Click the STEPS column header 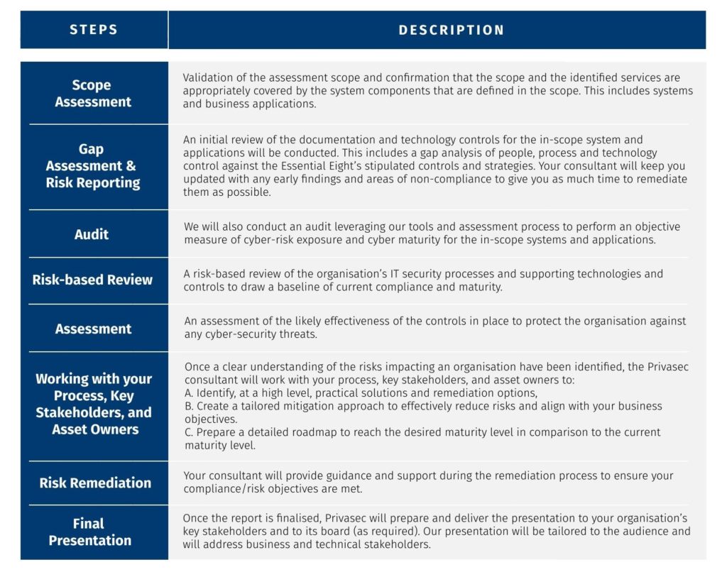pyautogui.click(x=94, y=30)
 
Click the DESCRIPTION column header pyautogui.click(x=451, y=30)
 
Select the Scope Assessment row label pyautogui.click(x=93, y=94)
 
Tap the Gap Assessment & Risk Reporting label pyautogui.click(x=93, y=166)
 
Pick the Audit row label pyautogui.click(x=92, y=234)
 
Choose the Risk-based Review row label pyautogui.click(x=92, y=280)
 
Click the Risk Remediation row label pyautogui.click(x=95, y=483)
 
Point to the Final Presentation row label pyautogui.click(x=90, y=532)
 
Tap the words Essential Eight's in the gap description pyautogui.click(x=324, y=166)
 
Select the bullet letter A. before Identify pyautogui.click(x=189, y=393)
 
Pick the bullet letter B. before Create pyautogui.click(x=189, y=406)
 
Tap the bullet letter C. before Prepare pyautogui.click(x=189, y=432)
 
